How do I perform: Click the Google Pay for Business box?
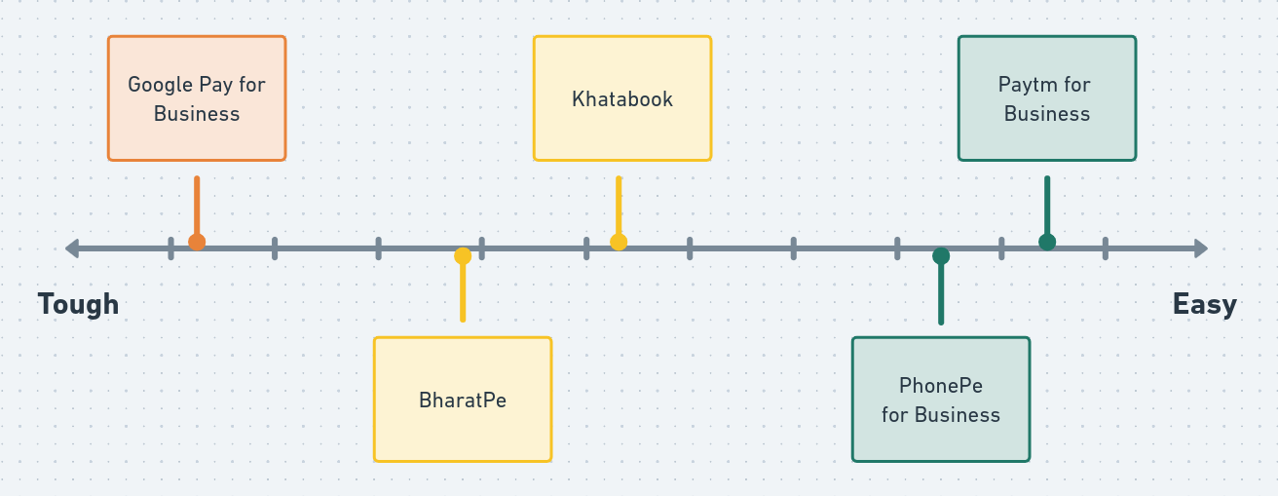pos(196,98)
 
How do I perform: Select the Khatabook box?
pos(621,98)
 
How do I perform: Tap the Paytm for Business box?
pos(1046,98)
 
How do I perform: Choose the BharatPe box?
pos(462,400)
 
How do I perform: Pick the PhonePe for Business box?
pos(940,400)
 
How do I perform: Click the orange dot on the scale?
pos(197,242)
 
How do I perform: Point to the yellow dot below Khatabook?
pos(619,242)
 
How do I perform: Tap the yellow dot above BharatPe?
pos(463,256)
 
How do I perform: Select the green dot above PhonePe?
pos(941,256)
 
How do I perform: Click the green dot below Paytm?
pos(1047,242)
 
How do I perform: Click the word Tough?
pos(78,304)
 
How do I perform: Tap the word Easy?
pos(1204,304)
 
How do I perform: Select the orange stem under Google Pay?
pos(197,205)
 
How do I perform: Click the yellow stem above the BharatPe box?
pos(463,292)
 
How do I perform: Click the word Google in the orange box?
pos(160,85)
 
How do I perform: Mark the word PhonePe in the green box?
pos(940,386)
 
